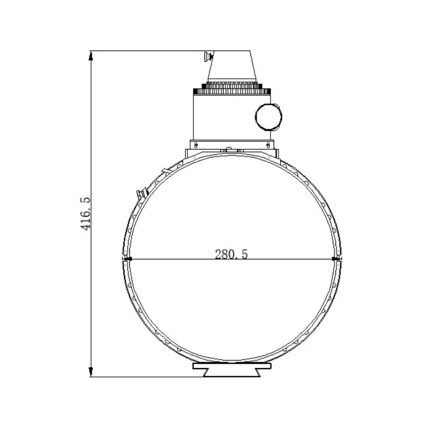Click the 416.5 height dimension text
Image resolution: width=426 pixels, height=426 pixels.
(86, 214)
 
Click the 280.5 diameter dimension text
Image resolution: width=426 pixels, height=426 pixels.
(231, 255)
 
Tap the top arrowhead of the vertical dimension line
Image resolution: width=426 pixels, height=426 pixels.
(91, 56)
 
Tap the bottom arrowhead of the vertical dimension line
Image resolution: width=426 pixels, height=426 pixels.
(91, 371)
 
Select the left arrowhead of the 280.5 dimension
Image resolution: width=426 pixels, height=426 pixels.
(127, 259)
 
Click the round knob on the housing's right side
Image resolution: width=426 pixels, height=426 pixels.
(268, 117)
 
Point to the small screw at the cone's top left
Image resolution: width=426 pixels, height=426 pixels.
(208, 56)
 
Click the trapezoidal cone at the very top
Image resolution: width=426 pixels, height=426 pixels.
(232, 66)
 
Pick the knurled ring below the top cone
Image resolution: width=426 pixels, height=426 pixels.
(232, 88)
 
